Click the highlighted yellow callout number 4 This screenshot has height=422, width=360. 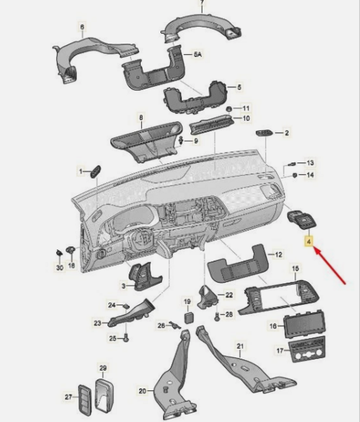click(x=309, y=241)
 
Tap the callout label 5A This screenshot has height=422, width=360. click(x=198, y=54)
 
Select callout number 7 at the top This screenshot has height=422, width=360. click(x=202, y=3)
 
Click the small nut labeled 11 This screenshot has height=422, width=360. click(x=229, y=109)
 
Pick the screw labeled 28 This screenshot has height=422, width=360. click(x=217, y=317)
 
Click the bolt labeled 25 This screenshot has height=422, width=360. click(x=126, y=338)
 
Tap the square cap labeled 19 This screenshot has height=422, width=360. click(x=188, y=318)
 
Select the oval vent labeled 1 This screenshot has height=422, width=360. click(x=95, y=172)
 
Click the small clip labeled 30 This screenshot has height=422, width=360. click(x=59, y=252)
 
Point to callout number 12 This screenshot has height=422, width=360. click(x=278, y=254)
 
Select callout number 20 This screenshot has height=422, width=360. click(x=143, y=390)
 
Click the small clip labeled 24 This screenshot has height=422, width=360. click(x=126, y=306)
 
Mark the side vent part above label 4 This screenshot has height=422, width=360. click(x=302, y=219)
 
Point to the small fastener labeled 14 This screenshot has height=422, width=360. click(x=295, y=175)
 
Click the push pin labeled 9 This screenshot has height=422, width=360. click(x=181, y=140)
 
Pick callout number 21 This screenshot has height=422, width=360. click(x=240, y=346)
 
